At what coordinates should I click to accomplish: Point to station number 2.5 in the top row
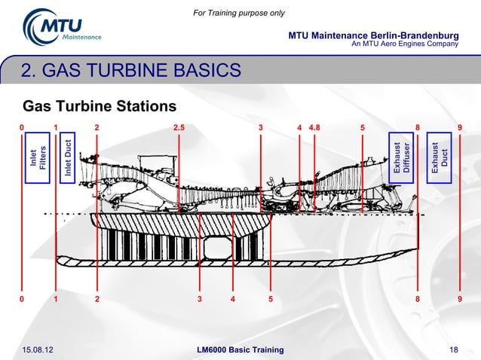(179, 127)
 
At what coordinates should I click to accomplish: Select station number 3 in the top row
(261, 127)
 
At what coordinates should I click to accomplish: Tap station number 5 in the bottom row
(270, 299)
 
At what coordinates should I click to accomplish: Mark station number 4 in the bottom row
(233, 299)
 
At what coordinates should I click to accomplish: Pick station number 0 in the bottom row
(22, 299)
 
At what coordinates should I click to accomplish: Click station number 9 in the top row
(459, 127)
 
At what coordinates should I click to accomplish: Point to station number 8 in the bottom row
(418, 299)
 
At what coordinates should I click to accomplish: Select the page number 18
(453, 349)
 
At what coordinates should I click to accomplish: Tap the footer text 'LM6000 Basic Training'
(240, 349)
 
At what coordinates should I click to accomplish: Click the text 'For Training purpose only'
(240, 13)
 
